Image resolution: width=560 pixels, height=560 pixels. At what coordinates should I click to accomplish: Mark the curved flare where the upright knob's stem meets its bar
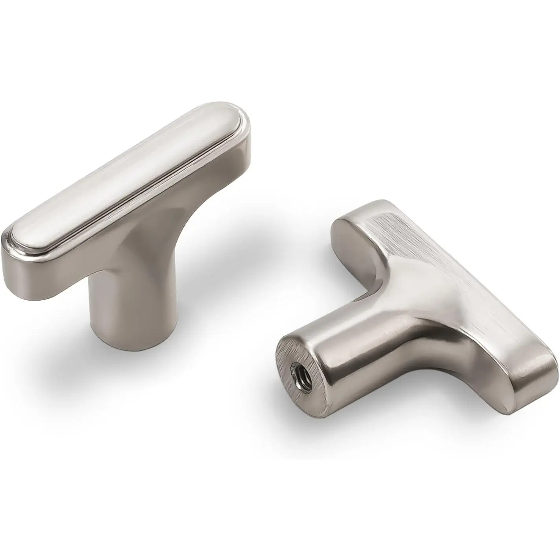click(157, 252)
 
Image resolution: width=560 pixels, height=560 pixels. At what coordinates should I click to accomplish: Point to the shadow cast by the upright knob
click(220, 283)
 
